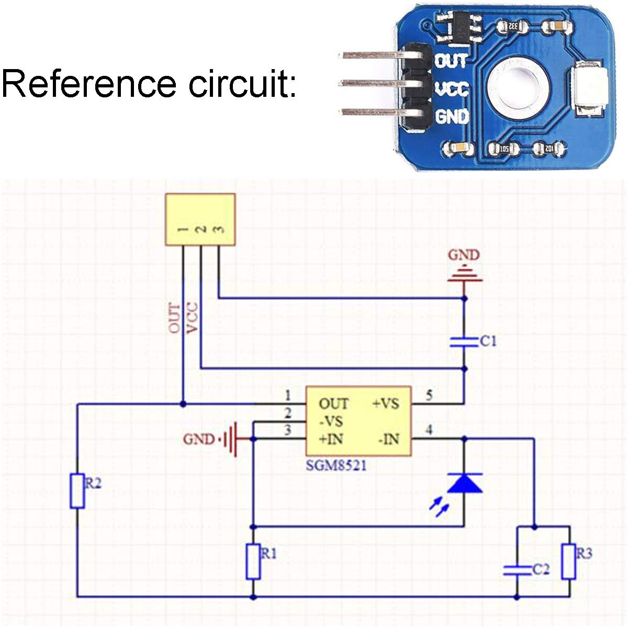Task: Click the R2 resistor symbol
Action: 77,490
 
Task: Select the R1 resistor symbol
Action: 253,561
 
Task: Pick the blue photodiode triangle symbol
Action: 465,483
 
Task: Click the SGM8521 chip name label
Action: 336,465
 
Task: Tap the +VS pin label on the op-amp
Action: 385,403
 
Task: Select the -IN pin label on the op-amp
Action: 388,439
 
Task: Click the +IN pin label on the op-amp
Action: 331,439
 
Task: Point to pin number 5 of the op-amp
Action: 429,395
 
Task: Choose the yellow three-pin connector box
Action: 200,219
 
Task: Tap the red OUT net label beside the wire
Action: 174,319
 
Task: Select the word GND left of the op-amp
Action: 198,439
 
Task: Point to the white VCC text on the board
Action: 452,89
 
